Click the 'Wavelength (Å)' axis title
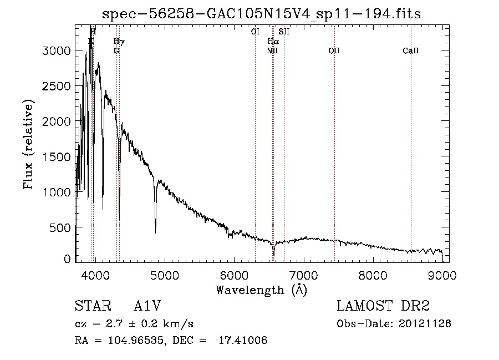pos(261,290)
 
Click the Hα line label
pos(273,42)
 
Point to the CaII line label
pos(411,51)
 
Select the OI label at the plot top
pos(255,32)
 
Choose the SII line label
pos(284,32)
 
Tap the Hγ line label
pos(119,42)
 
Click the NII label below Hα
pos(272,51)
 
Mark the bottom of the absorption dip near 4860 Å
pos(155,232)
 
